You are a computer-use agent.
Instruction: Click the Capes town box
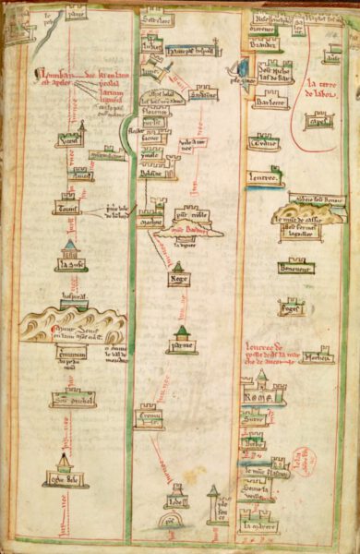pos(321,122)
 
